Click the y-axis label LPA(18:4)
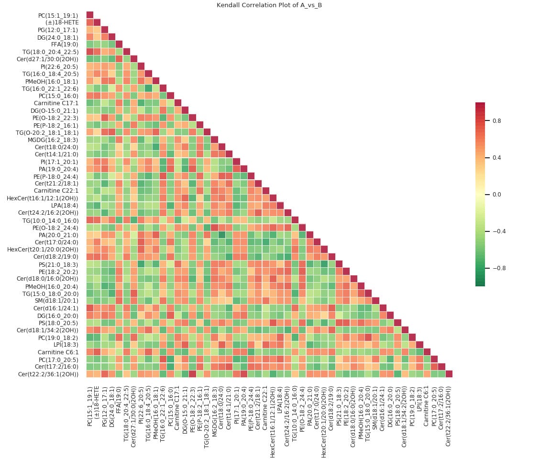pos(65,205)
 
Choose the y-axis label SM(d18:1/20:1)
pos(58,300)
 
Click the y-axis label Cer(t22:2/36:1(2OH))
pos(48,374)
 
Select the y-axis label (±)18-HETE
pos(65,22)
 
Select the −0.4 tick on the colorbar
pos(493,231)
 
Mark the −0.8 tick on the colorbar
pos(493,268)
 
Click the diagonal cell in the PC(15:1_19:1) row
pos(90,15)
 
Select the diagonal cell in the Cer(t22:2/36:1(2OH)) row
pos(449,374)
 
